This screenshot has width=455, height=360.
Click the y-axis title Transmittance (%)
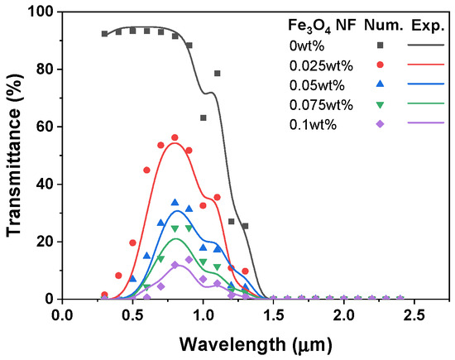[15, 156]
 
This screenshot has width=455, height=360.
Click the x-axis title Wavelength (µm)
[256, 345]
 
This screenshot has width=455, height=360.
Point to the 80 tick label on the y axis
[45, 70]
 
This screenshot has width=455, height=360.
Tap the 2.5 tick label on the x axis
[414, 315]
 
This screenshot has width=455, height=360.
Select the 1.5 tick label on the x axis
[273, 315]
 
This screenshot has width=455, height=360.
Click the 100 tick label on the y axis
[41, 12]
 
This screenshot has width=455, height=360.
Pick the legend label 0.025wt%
[321, 66]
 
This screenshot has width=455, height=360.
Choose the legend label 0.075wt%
[321, 105]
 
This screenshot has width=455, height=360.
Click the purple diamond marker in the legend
[380, 124]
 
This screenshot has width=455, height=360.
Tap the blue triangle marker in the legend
[380, 84]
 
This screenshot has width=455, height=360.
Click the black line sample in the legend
[426, 45]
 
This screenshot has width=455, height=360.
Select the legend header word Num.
[384, 26]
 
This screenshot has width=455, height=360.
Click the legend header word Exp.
[428, 26]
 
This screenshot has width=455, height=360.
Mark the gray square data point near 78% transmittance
[217, 74]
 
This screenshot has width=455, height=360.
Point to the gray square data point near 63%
[204, 118]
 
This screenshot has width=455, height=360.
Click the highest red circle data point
[175, 137]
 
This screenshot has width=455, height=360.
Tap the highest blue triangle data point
[175, 203]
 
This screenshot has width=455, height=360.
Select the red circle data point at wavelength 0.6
[146, 170]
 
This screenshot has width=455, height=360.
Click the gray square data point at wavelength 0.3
[104, 34]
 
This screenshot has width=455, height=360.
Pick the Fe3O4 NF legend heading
[322, 26]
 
